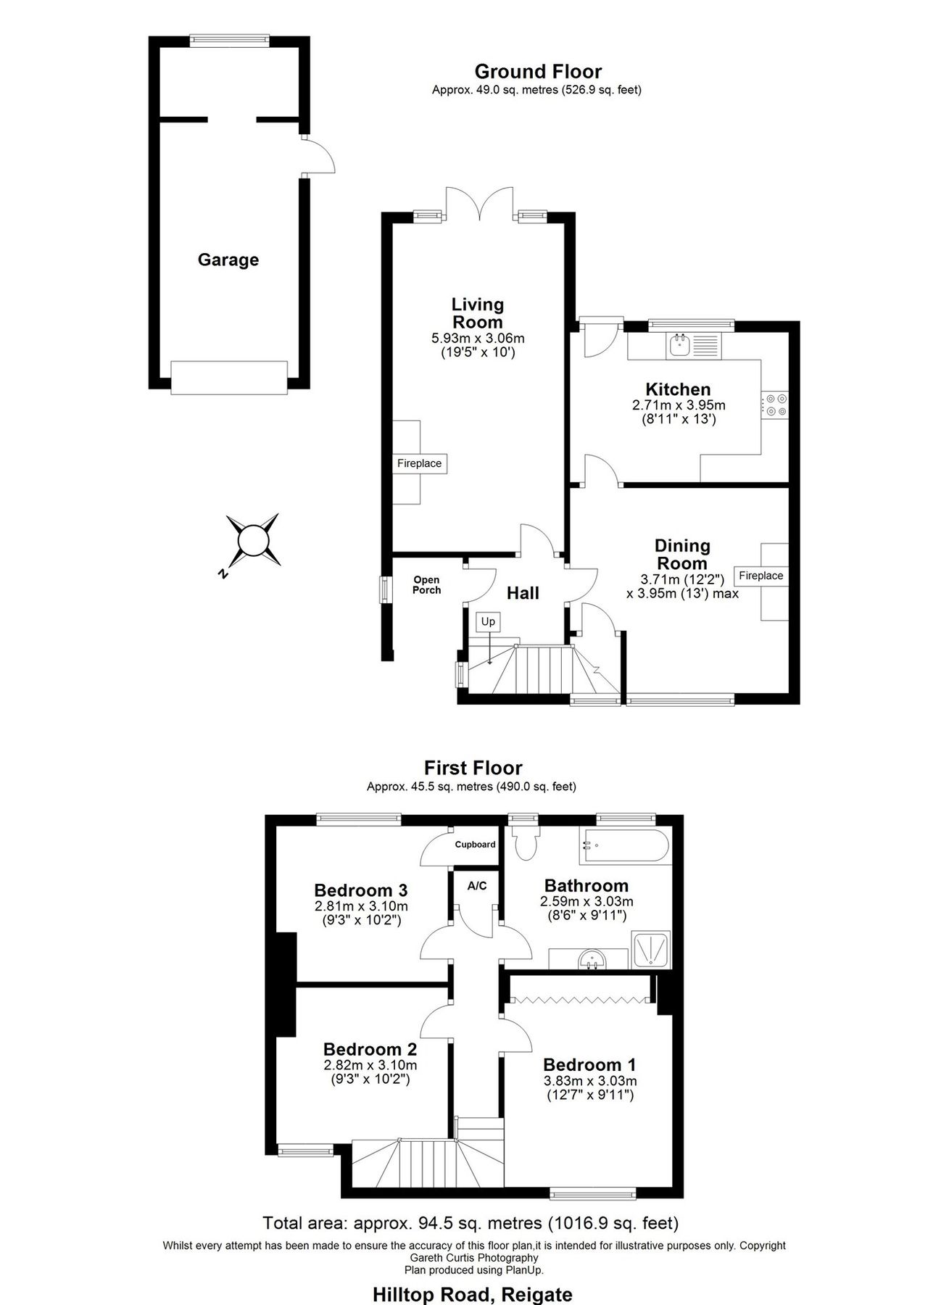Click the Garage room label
(x=228, y=260)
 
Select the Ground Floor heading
(x=537, y=71)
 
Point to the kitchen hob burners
(x=776, y=405)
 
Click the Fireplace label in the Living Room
(x=419, y=463)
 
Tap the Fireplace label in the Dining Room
(x=761, y=576)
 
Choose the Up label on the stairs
(x=488, y=621)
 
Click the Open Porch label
(x=426, y=585)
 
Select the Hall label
(x=523, y=593)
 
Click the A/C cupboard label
(x=477, y=886)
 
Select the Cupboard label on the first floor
(x=475, y=845)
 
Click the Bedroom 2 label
(x=370, y=1049)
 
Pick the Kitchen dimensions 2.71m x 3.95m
(x=679, y=405)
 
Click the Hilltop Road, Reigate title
(x=472, y=1294)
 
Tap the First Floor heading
(x=473, y=767)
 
